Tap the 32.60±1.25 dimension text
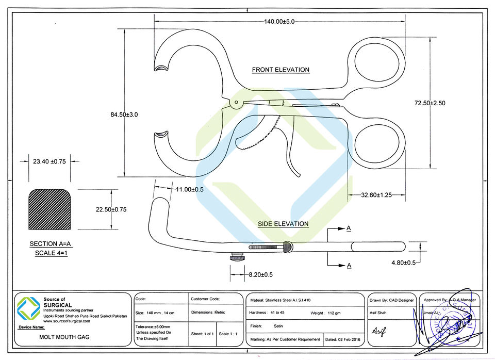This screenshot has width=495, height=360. point(376,195)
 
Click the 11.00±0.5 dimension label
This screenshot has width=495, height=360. point(190,190)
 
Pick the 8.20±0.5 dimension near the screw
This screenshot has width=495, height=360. point(260,274)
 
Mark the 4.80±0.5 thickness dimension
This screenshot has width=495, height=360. point(404,263)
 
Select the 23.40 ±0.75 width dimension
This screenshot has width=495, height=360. point(49,161)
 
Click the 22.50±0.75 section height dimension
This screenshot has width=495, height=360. point(111,209)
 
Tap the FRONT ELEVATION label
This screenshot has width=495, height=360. point(280,70)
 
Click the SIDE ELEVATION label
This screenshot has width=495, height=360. point(283,224)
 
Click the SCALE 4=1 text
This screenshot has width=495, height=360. point(52,253)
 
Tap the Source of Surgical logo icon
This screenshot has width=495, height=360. point(29,308)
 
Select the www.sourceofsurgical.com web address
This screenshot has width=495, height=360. point(67,321)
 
